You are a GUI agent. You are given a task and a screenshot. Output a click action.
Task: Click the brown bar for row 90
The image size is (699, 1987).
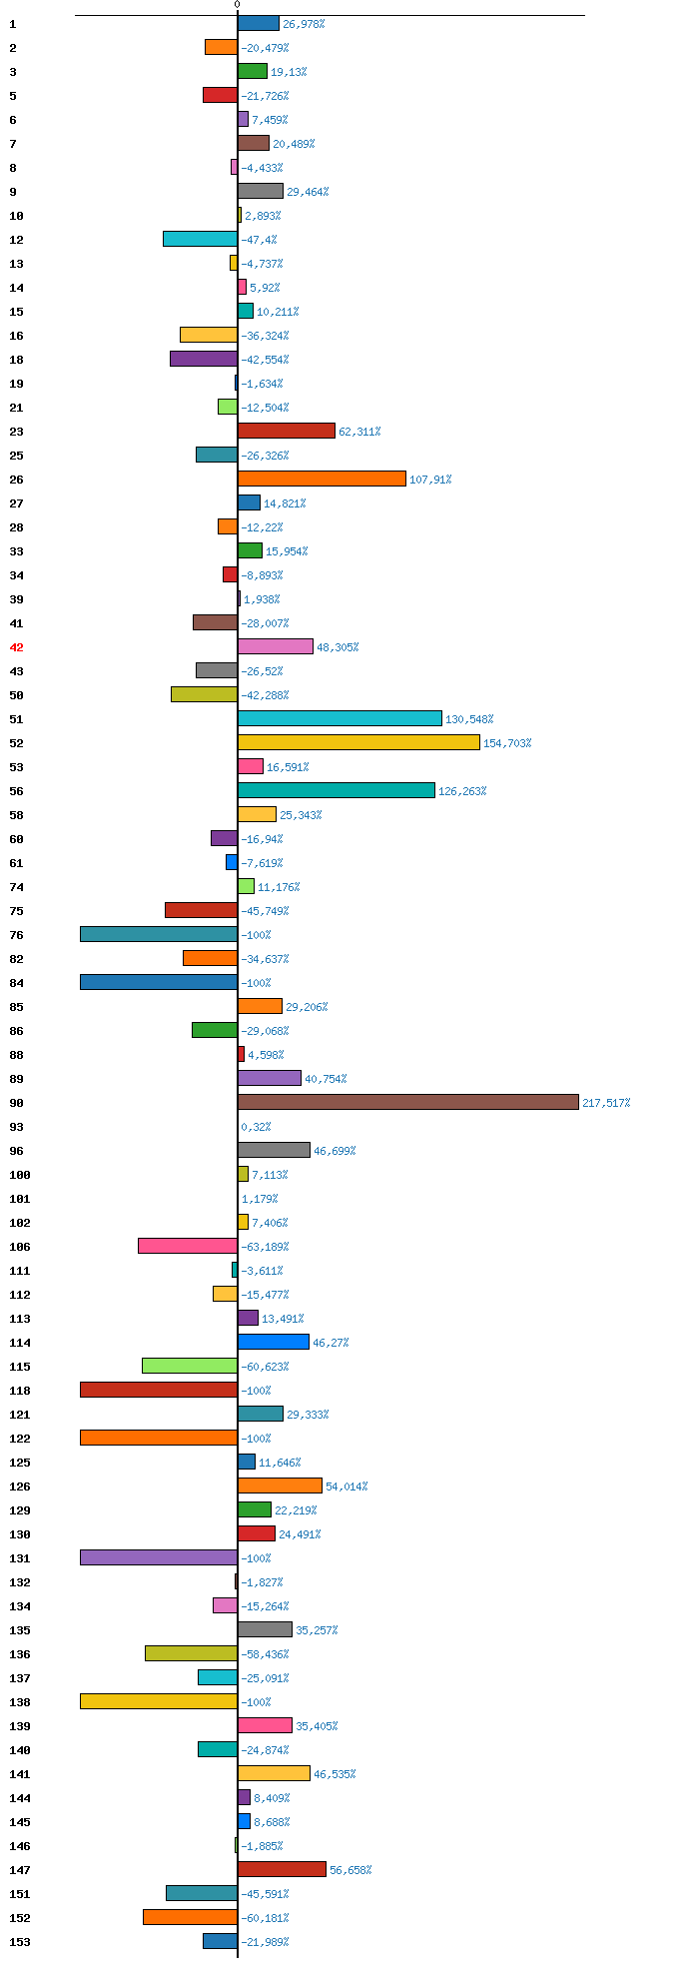407,1102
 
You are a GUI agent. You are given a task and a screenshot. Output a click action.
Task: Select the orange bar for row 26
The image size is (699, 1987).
322,479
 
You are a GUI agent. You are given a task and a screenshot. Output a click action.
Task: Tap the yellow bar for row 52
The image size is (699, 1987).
358,742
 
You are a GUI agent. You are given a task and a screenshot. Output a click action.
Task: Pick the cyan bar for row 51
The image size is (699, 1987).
340,718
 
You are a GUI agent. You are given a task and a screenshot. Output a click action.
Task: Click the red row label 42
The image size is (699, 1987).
16,647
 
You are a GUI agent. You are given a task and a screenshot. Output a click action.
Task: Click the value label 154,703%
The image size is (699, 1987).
507,743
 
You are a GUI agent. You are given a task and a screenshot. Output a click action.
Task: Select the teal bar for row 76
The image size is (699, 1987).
159,934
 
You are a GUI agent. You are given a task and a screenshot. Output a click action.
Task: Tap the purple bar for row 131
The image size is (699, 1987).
159,1557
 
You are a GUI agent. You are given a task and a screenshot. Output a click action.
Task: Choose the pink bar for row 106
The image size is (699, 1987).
188,1246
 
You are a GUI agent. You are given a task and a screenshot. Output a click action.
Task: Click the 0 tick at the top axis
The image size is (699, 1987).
237,5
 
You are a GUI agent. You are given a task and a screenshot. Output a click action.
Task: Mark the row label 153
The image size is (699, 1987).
20,1942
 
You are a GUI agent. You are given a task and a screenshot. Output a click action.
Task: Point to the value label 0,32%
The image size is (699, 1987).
256,1127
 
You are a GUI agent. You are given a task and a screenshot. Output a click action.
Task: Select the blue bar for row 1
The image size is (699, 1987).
259,23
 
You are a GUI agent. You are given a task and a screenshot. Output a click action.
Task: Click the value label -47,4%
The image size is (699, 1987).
259,240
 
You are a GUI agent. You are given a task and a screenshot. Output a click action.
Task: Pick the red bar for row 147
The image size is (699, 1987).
282,1869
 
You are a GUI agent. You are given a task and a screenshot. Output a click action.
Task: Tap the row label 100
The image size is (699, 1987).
20,1175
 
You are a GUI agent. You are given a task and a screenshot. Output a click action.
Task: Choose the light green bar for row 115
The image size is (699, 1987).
190,1366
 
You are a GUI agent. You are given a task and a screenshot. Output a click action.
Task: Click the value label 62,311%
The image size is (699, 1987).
359,432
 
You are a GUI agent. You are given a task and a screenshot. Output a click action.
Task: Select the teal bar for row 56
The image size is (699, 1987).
337,790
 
